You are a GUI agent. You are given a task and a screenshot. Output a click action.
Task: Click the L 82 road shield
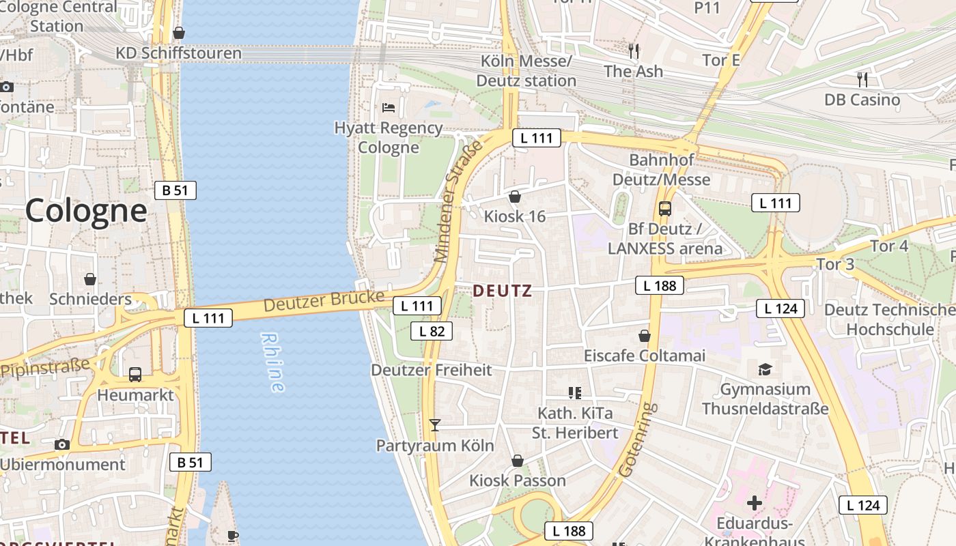click(x=432, y=331)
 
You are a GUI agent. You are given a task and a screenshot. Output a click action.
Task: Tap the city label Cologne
click(x=86, y=211)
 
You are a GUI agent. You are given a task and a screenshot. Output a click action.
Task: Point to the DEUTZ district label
click(x=502, y=291)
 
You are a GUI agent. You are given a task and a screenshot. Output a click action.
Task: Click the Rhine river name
click(x=272, y=362)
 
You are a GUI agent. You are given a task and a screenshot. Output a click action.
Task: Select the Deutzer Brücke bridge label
click(x=324, y=301)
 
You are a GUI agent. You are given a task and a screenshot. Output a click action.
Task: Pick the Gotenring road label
click(x=636, y=440)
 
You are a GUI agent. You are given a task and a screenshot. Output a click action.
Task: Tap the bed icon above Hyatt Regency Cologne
click(x=389, y=108)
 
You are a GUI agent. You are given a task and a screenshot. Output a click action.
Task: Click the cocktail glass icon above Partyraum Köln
click(x=435, y=425)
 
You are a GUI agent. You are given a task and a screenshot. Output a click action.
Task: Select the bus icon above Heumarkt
click(x=135, y=375)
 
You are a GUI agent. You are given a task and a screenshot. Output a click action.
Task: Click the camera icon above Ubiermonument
click(x=62, y=445)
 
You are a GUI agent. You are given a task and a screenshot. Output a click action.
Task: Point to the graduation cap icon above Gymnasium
click(x=765, y=369)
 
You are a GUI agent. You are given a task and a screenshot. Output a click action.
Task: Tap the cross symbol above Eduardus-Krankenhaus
click(x=754, y=504)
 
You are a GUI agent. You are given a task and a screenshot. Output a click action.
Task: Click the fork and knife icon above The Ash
click(x=634, y=51)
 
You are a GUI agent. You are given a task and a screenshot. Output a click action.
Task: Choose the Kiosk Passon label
click(x=518, y=480)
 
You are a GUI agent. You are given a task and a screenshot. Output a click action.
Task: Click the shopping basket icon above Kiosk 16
click(x=515, y=197)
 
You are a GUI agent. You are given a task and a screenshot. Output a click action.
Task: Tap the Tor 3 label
click(x=835, y=264)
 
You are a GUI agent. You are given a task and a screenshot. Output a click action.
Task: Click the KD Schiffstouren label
click(x=179, y=53)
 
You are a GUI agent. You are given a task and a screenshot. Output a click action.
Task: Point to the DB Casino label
click(x=862, y=100)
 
